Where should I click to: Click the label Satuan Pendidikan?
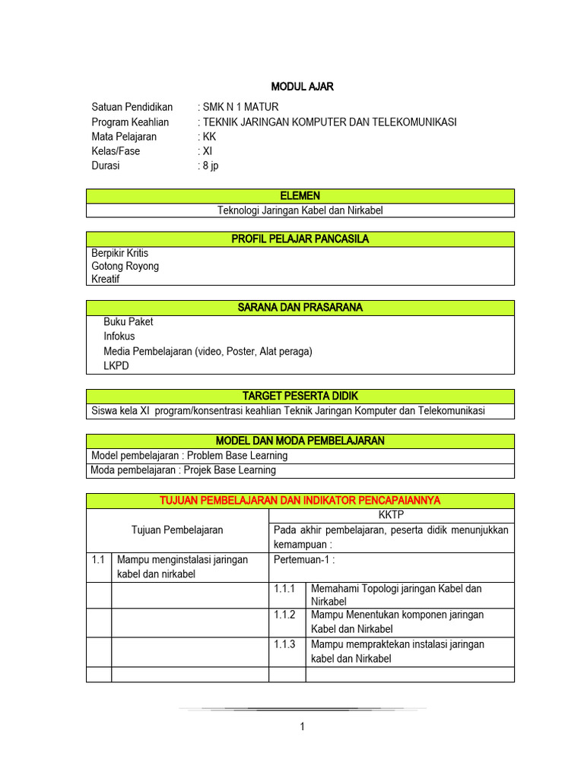coord(132,107)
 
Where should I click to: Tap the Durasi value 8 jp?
coord(209,166)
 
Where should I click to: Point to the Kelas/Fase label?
coord(116,151)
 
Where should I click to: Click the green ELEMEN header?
coord(300,196)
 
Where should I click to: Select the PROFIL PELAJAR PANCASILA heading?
coord(300,239)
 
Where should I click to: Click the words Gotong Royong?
coord(125,266)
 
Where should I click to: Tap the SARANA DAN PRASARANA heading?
coord(300,308)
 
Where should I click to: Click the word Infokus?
coord(119,336)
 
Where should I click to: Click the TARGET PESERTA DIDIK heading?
coord(300,397)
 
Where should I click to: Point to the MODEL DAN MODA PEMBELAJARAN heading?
coord(300,441)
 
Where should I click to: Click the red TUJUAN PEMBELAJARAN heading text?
coord(300,501)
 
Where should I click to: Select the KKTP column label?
coord(392,515)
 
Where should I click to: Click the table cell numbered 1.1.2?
coord(287,615)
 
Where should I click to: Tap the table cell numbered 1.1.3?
coord(287,644)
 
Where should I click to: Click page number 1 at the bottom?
coord(301,727)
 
